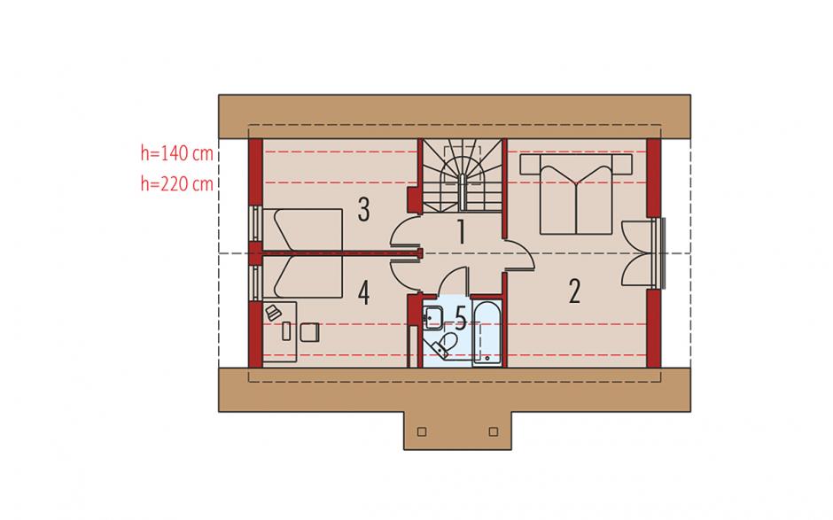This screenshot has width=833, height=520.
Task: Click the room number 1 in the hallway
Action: pyautogui.click(x=461, y=232)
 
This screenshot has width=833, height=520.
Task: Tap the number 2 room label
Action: pyautogui.click(x=574, y=291)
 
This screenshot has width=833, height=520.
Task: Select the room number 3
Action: pyautogui.click(x=363, y=209)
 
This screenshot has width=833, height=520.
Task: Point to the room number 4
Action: pyautogui.click(x=363, y=292)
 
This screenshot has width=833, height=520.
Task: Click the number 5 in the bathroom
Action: pyautogui.click(x=460, y=319)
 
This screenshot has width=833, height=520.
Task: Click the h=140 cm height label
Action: pyautogui.click(x=177, y=153)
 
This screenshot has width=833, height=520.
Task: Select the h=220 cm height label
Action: pyautogui.click(x=177, y=183)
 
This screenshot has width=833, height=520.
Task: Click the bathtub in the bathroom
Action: pyautogui.click(x=487, y=334)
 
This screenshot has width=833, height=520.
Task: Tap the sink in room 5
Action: pyautogui.click(x=433, y=316)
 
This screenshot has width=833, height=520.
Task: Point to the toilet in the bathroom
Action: pyautogui.click(x=445, y=343)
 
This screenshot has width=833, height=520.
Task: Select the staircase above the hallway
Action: pyautogui.click(x=463, y=175)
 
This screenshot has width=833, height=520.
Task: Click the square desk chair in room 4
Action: pyautogui.click(x=310, y=332)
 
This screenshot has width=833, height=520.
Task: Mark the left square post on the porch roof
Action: pyautogui.click(x=422, y=431)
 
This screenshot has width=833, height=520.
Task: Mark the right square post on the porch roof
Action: pyautogui.click(x=494, y=431)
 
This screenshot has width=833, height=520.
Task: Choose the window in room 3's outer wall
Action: pyautogui.click(x=256, y=224)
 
